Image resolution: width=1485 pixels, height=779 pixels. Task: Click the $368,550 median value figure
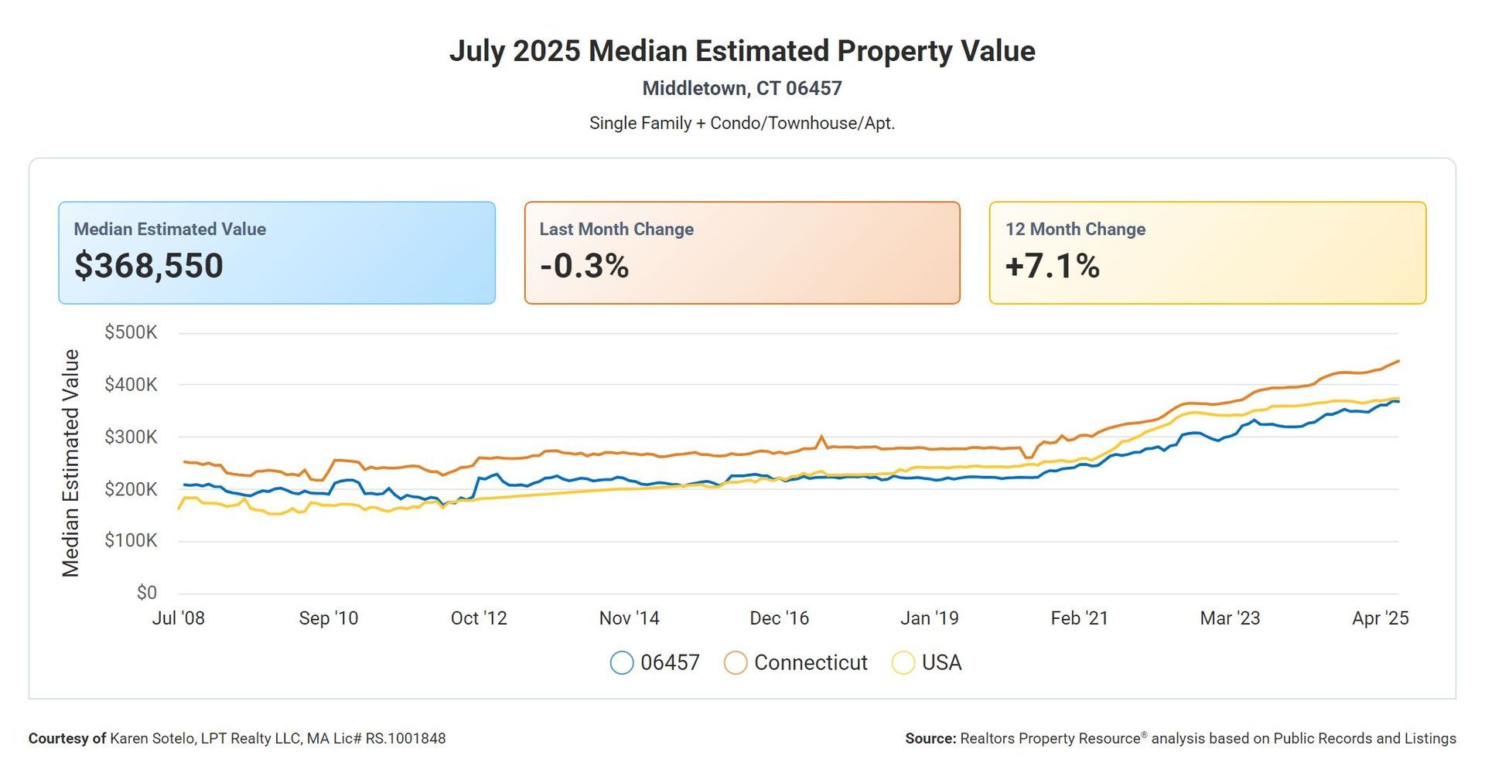(148, 266)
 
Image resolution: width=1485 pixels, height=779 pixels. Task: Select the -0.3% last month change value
(585, 266)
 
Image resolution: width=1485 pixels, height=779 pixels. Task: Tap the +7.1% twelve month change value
(1053, 266)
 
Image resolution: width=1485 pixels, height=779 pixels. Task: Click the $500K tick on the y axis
(131, 332)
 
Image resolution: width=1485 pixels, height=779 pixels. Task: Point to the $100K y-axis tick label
(131, 540)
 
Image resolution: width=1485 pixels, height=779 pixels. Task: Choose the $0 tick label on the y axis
(147, 593)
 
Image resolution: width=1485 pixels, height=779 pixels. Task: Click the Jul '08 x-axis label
(179, 618)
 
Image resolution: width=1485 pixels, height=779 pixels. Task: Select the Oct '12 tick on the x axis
(479, 618)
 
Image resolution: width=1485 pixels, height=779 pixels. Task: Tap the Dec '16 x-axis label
(779, 618)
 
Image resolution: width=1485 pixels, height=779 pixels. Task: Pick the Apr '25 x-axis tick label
(1381, 618)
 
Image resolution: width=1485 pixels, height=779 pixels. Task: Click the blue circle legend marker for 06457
(622, 663)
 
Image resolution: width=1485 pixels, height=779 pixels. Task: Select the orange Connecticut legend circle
(736, 663)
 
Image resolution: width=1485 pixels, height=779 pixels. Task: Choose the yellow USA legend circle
(903, 663)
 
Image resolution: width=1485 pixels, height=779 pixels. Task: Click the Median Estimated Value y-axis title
(70, 463)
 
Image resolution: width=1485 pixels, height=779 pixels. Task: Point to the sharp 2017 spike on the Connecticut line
(821, 436)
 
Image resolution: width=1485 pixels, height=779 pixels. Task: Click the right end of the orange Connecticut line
(1398, 361)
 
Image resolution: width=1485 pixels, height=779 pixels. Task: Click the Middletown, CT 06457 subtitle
(742, 88)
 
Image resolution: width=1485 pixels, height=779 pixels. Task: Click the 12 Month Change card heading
(1075, 230)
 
